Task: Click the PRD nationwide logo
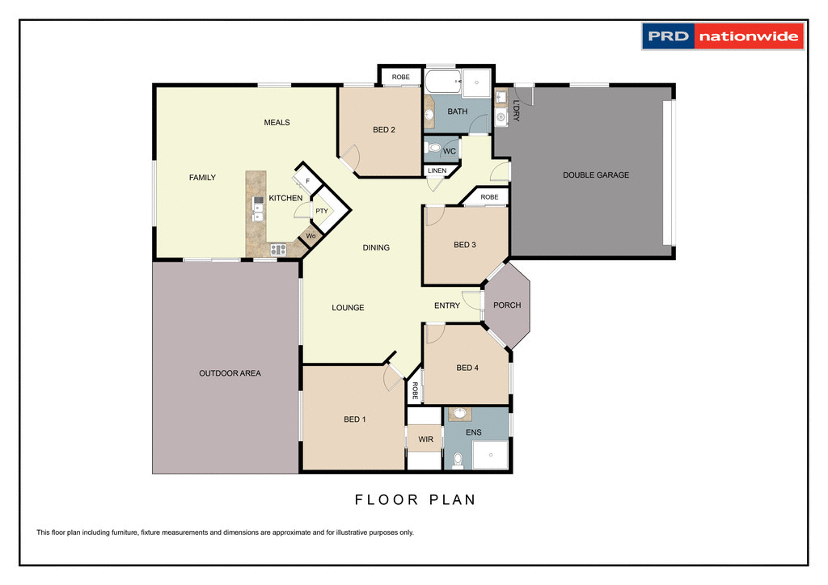[723, 36]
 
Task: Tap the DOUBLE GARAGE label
[596, 175]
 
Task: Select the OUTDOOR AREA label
[230, 373]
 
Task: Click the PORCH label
[507, 305]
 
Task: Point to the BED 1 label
[355, 419]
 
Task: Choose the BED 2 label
[383, 129]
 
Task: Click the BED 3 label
[465, 245]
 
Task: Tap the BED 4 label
[467, 368]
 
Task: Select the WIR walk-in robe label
[425, 440]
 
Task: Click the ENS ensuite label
[473, 433]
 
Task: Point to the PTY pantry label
[322, 211]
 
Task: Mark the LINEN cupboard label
[437, 171]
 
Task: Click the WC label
[450, 151]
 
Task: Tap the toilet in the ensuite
[458, 461]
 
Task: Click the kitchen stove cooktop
[278, 250]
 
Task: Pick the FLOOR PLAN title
[416, 499]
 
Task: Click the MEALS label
[277, 123]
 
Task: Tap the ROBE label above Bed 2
[400, 77]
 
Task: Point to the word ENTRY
[447, 305]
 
